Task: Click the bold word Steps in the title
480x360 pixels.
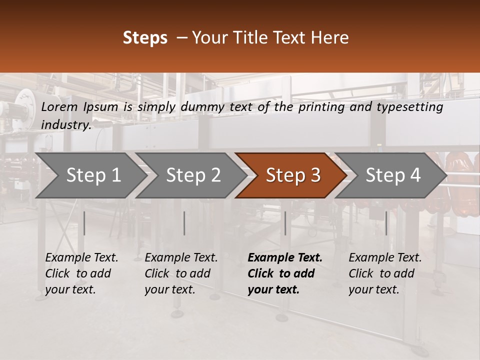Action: coord(145,38)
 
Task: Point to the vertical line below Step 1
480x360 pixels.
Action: coord(84,223)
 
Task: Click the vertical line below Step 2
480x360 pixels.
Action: coord(184,223)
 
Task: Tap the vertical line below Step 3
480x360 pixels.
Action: coord(285,223)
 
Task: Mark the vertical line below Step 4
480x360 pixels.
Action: coord(386,223)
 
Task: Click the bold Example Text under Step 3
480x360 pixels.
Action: coord(285,258)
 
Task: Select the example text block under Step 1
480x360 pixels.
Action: coord(81,273)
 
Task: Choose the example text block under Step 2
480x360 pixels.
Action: coord(181,273)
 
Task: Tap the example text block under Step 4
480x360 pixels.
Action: coord(385,273)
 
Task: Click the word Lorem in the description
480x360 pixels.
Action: coord(59,107)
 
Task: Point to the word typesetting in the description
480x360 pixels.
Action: coord(409,107)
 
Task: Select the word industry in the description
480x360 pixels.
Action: coord(66,125)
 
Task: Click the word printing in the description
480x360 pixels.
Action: coord(321,107)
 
